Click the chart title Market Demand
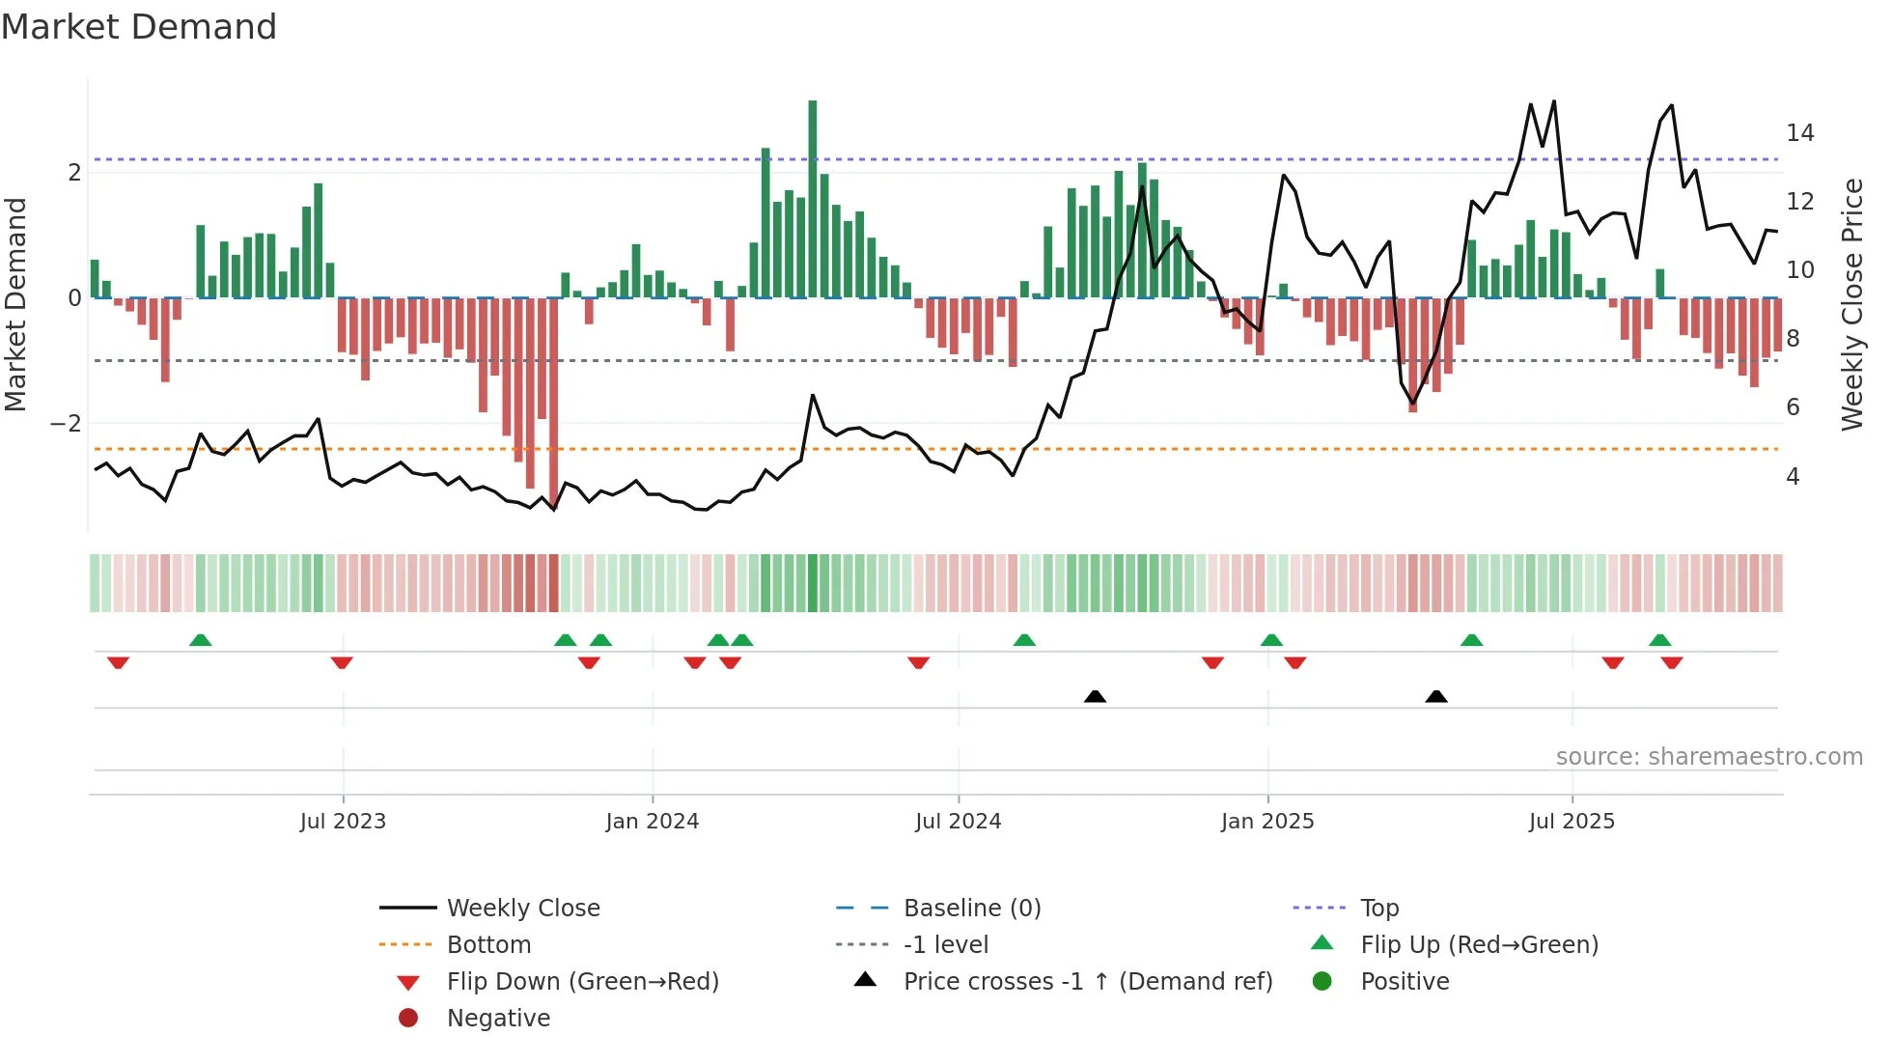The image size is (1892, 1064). [x=139, y=27]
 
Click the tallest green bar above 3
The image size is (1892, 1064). [x=813, y=198]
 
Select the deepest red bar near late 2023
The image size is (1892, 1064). [x=553, y=401]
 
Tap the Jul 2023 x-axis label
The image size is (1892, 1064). [x=343, y=822]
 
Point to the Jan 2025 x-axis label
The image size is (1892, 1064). [x=1266, y=822]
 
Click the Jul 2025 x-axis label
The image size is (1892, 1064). [x=1572, y=822]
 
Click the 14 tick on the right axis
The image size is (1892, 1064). [x=1799, y=133]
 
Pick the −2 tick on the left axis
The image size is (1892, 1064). [x=67, y=424]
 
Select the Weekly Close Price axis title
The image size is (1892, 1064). [x=1851, y=304]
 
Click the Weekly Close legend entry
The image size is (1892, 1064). [x=522, y=909]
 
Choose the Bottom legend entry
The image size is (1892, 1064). [x=488, y=945]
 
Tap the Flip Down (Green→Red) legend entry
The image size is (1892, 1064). [x=582, y=982]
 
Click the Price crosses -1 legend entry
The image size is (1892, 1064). [x=1087, y=982]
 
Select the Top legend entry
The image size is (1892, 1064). [x=1378, y=909]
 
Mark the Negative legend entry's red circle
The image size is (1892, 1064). [x=408, y=1019]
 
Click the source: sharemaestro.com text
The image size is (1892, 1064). [x=1709, y=757]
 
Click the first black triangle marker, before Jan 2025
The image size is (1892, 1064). [x=1095, y=696]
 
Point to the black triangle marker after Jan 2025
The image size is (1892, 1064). [x=1436, y=696]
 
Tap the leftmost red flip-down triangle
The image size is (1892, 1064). [x=118, y=662]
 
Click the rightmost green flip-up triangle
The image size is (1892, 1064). [x=1660, y=640]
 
